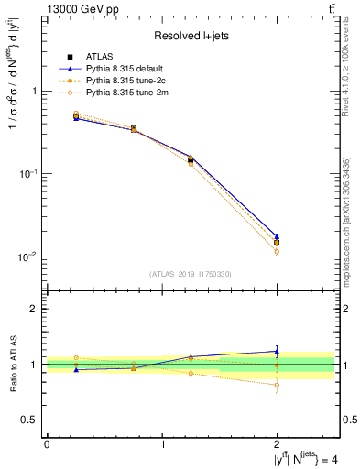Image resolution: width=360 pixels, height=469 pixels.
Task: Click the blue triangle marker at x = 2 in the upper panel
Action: pos(277,236)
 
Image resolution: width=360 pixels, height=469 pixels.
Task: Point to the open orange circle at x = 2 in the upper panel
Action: pos(277,251)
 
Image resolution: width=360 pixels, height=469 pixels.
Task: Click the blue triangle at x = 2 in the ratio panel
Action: pos(277,351)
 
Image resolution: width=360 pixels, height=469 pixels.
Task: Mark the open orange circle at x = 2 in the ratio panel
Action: pos(277,385)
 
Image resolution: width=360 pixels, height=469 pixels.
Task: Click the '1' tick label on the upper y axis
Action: pos(35,91)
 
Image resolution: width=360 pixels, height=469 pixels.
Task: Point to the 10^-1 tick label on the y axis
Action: pos(30,173)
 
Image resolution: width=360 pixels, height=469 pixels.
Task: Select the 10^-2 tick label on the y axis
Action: pos(30,256)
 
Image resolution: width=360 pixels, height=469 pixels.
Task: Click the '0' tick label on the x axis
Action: pos(47,443)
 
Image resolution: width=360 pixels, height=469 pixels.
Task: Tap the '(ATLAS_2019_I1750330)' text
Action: pos(190,274)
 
